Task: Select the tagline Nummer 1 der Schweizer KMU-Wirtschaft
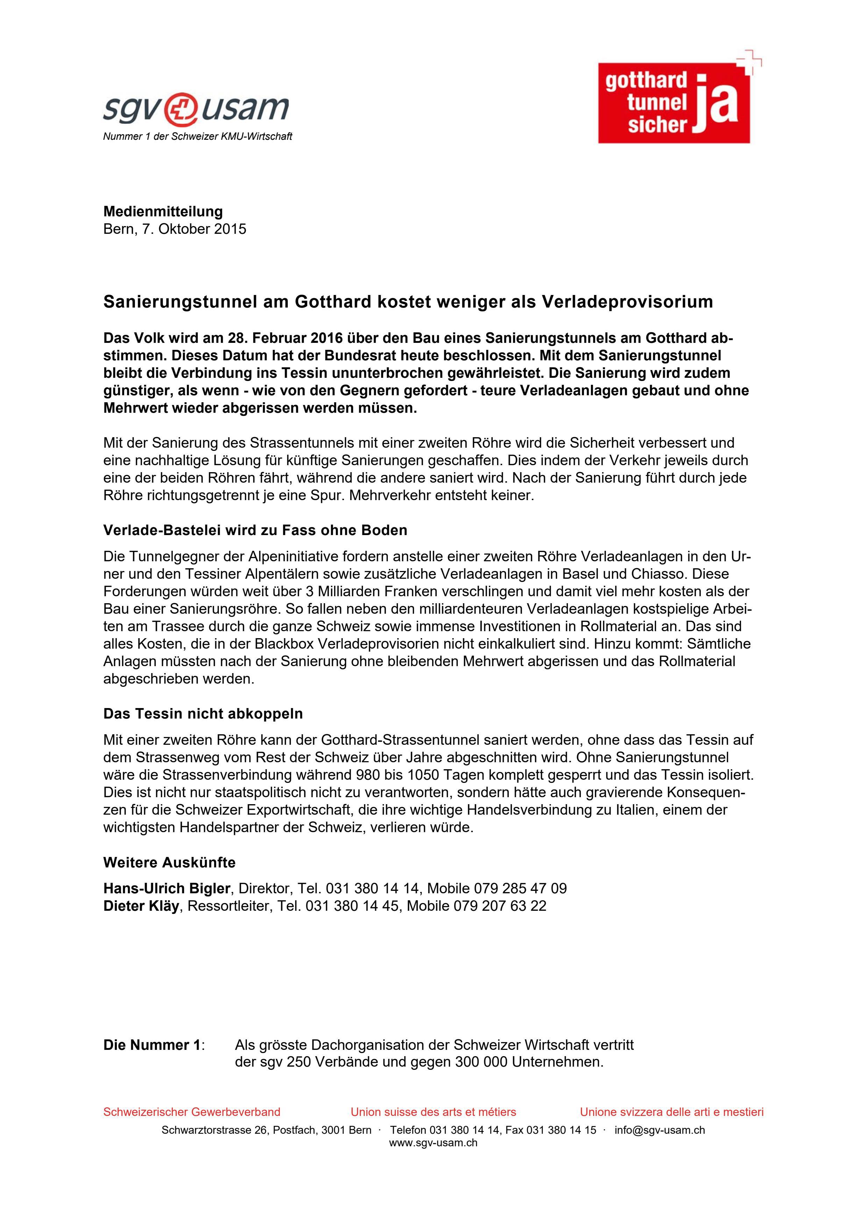[197, 137]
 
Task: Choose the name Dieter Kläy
[141, 906]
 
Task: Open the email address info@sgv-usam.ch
[660, 1130]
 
